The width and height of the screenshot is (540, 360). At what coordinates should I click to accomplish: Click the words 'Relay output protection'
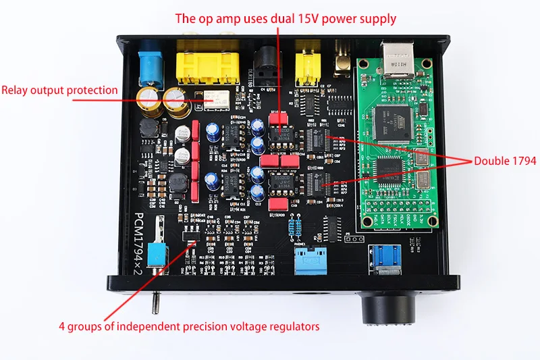(x=59, y=90)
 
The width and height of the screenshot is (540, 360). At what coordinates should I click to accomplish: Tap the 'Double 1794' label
(x=505, y=161)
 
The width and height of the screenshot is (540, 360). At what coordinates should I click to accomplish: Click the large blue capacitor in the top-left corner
(x=150, y=65)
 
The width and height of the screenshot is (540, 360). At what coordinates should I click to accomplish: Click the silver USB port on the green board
(x=399, y=60)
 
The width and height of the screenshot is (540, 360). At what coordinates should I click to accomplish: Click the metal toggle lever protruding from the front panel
(x=155, y=301)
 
